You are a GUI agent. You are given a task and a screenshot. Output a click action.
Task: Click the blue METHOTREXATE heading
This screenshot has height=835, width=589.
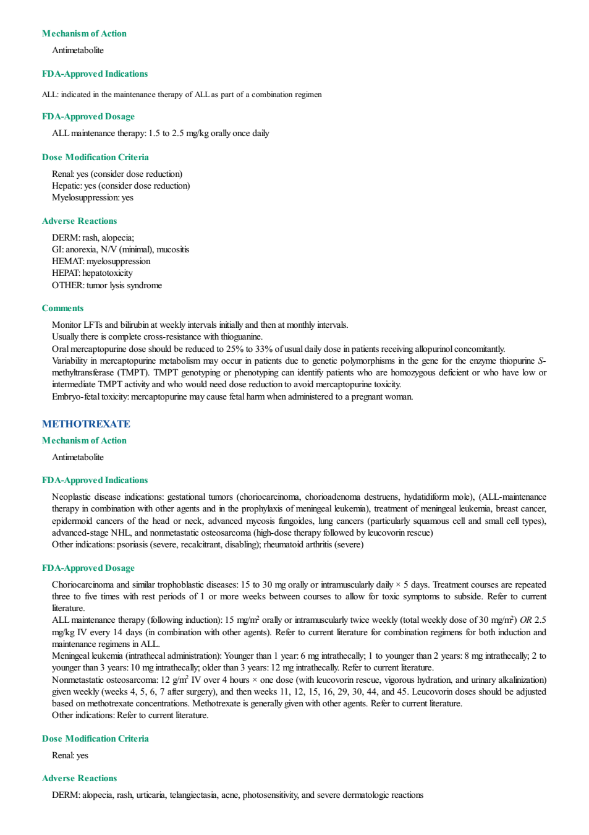[86, 424]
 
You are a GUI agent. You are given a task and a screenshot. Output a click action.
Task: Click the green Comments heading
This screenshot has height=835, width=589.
[62, 308]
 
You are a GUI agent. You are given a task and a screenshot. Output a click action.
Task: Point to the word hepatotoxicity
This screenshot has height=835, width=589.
[108, 273]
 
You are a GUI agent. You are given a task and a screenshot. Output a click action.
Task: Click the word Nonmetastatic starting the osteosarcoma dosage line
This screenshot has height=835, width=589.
[74, 680]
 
